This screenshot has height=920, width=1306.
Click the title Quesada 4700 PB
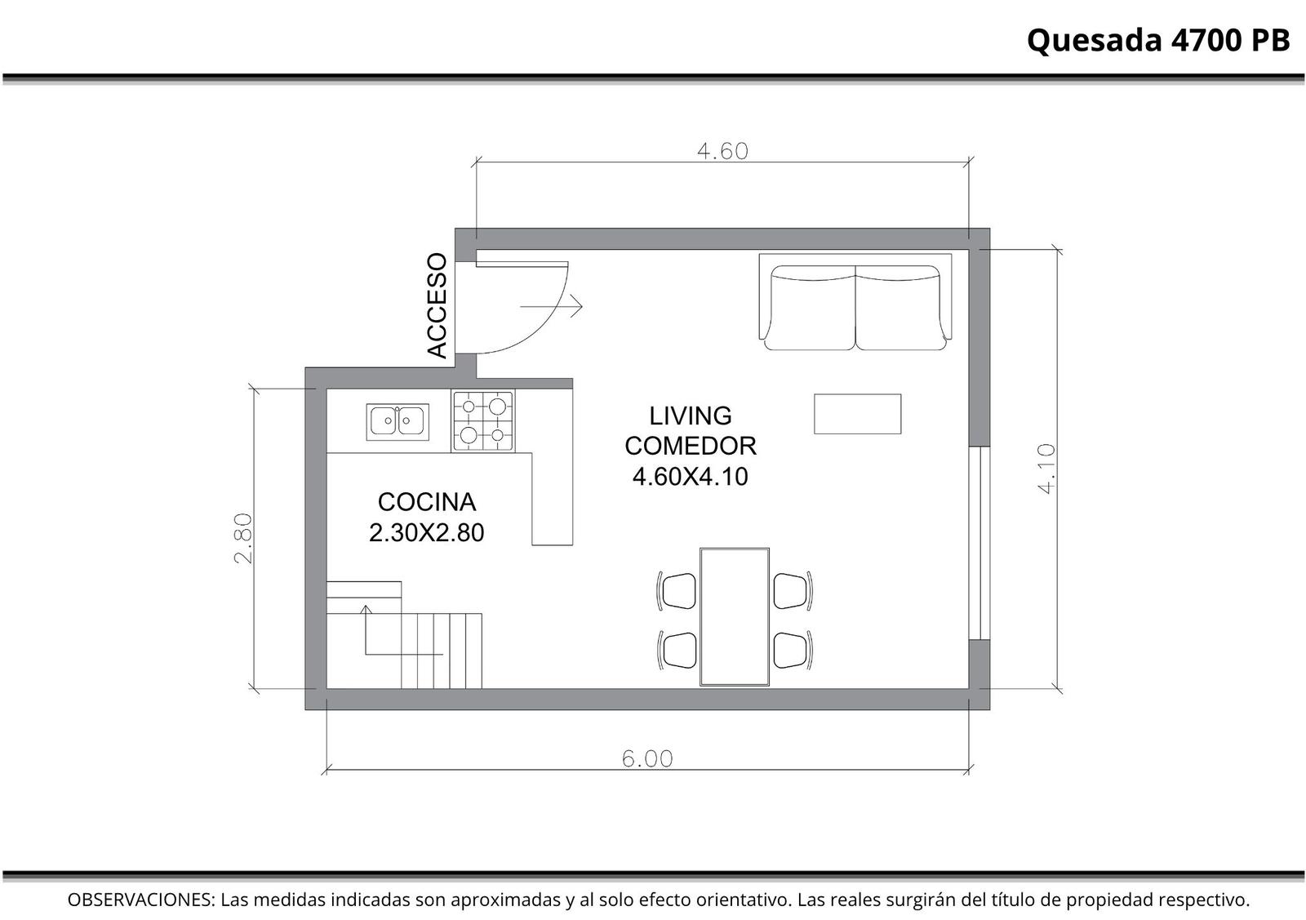pos(1158,41)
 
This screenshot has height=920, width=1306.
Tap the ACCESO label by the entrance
pos(437,305)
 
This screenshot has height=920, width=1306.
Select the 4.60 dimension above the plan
pos(723,152)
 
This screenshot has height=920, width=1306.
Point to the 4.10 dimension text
pos(1047,469)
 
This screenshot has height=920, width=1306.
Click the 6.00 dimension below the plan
pos(647,758)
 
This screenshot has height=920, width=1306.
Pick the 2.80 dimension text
pos(242,538)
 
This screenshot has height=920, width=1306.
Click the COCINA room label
pos(427,502)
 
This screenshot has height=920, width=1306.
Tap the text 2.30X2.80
pos(427,533)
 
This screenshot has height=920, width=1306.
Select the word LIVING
pos(691,416)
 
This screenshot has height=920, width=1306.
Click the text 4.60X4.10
pos(691,477)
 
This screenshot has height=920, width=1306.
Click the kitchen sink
pos(398,421)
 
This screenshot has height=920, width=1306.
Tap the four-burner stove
pos(483,421)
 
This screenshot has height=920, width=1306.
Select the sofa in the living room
pos(855,302)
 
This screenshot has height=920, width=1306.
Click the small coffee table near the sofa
pos(858,414)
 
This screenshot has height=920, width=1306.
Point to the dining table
pos(735,617)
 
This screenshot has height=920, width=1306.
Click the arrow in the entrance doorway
pos(551,306)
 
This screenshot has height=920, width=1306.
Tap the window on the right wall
pos(979,543)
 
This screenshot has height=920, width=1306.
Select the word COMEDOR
pos(691,446)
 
